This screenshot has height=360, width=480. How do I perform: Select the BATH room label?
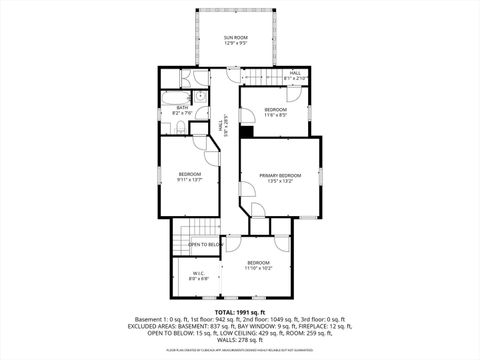[183, 107]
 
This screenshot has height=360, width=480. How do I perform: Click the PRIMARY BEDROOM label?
[280, 175]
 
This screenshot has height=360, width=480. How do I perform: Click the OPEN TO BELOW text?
[205, 244]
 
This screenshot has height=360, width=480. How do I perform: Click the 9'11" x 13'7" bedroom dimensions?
[190, 181]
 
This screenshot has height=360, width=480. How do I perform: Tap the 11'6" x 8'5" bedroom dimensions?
[276, 115]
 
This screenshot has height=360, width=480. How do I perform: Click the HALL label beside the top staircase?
[295, 72]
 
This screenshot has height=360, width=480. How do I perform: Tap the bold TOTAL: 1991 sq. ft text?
[239, 312]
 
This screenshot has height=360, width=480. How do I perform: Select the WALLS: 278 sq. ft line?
[239, 339]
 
